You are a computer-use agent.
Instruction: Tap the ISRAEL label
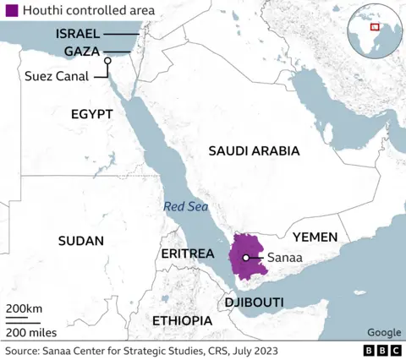tap(78, 34)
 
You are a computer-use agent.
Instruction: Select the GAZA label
tap(84, 51)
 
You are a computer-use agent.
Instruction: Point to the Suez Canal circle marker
tap(107, 61)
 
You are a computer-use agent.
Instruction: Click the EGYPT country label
tap(92, 113)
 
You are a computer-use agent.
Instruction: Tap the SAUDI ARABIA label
tap(254, 151)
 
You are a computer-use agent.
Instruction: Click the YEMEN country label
tap(315, 237)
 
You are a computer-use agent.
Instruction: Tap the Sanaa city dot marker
tap(245, 258)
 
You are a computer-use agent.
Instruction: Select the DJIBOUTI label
tap(254, 302)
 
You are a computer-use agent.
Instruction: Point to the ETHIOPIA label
tap(182, 321)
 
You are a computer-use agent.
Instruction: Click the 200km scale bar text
tap(24, 308)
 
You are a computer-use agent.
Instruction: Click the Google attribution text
tap(384, 333)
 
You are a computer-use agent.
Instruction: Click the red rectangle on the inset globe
tap(375, 26)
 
